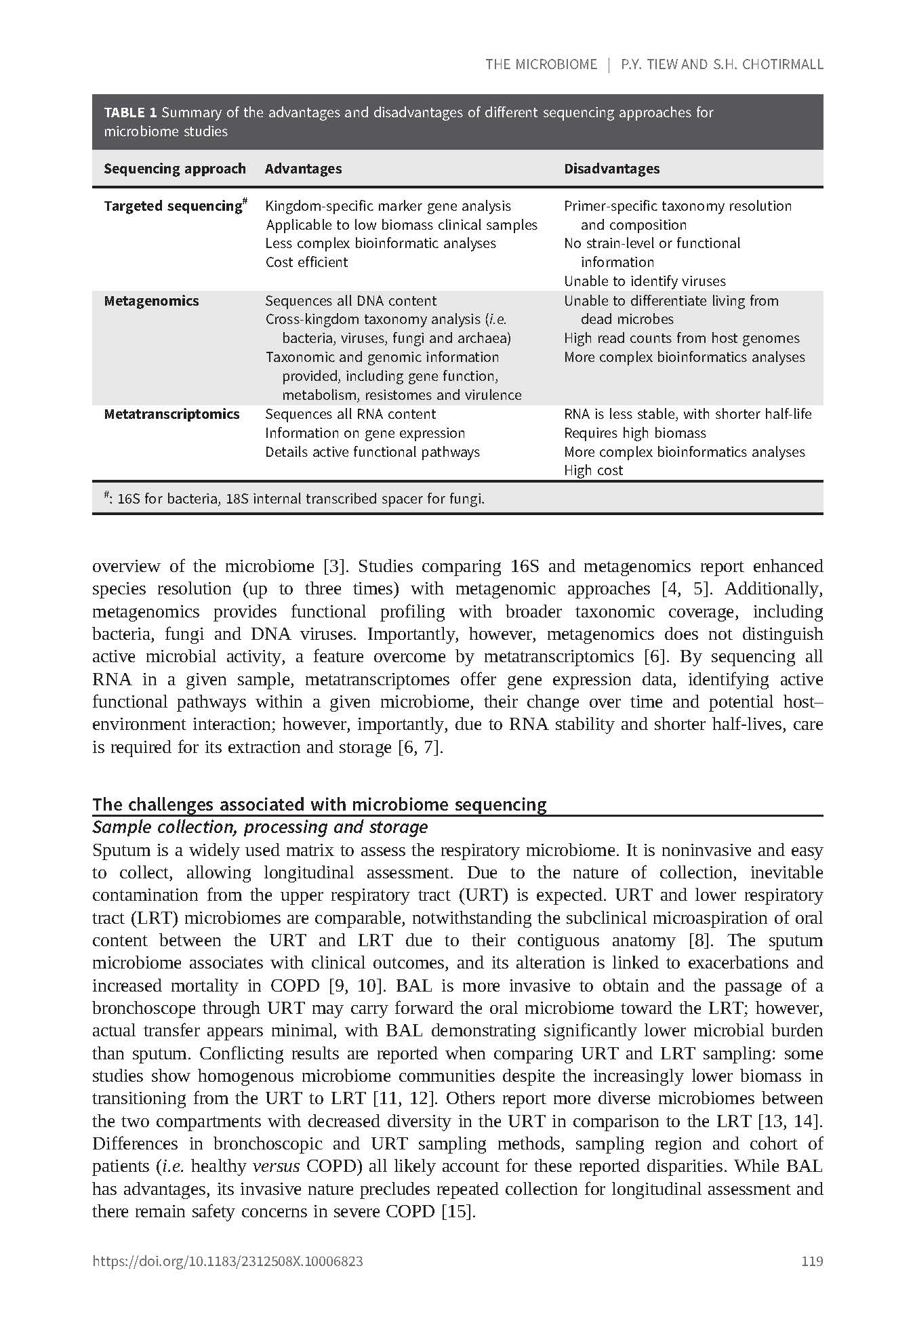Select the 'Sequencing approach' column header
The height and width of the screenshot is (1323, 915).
pos(174,169)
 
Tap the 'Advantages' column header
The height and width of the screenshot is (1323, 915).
pos(303,169)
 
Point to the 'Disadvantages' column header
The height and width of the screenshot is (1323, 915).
pos(611,169)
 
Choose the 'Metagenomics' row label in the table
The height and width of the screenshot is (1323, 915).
pos(151,301)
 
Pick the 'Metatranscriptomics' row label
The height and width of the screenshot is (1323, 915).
pos(171,414)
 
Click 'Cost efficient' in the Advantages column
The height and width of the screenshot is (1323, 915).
pos(306,262)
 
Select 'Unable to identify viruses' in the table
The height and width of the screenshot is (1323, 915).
pos(645,281)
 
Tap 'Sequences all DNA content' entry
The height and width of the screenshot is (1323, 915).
pos(350,301)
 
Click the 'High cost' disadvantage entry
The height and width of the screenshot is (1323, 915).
pos(593,470)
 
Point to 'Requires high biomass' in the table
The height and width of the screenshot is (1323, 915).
pos(634,433)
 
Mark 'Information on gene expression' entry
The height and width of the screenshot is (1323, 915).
pos(365,433)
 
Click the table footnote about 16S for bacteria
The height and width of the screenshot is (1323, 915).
pos(294,500)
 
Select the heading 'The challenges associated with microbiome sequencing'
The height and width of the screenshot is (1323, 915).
pos(319,805)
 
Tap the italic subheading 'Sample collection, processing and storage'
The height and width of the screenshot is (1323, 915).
pos(260,827)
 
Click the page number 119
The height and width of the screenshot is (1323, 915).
pos(811,1261)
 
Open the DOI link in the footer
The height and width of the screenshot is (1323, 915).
pos(227,1261)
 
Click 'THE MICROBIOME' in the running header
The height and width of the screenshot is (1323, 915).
pos(541,64)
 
